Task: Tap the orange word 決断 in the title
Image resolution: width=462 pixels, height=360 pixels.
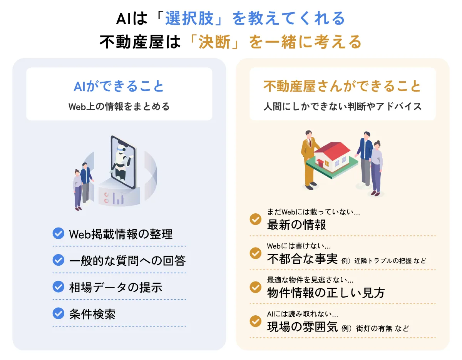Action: point(214,42)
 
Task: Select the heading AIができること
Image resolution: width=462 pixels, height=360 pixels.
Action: point(119,86)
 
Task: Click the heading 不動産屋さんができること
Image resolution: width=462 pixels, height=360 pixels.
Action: point(342,86)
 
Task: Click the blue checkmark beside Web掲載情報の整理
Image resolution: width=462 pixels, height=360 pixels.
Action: point(58,233)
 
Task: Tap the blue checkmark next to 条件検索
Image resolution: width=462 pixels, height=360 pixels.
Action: point(58,313)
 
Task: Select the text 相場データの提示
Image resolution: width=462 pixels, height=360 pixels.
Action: point(115,287)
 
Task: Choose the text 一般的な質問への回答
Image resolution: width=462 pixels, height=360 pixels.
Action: point(127,261)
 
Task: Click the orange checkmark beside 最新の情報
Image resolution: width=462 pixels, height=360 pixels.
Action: point(256,219)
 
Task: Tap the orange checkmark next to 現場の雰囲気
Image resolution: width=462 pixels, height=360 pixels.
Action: point(256,321)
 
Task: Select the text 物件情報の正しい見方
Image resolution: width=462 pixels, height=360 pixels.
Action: point(326,293)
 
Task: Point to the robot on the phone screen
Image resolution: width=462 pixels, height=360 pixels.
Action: point(122,162)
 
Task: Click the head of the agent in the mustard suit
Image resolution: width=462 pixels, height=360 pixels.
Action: point(309,134)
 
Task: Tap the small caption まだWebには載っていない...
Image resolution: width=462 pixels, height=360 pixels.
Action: point(313,211)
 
